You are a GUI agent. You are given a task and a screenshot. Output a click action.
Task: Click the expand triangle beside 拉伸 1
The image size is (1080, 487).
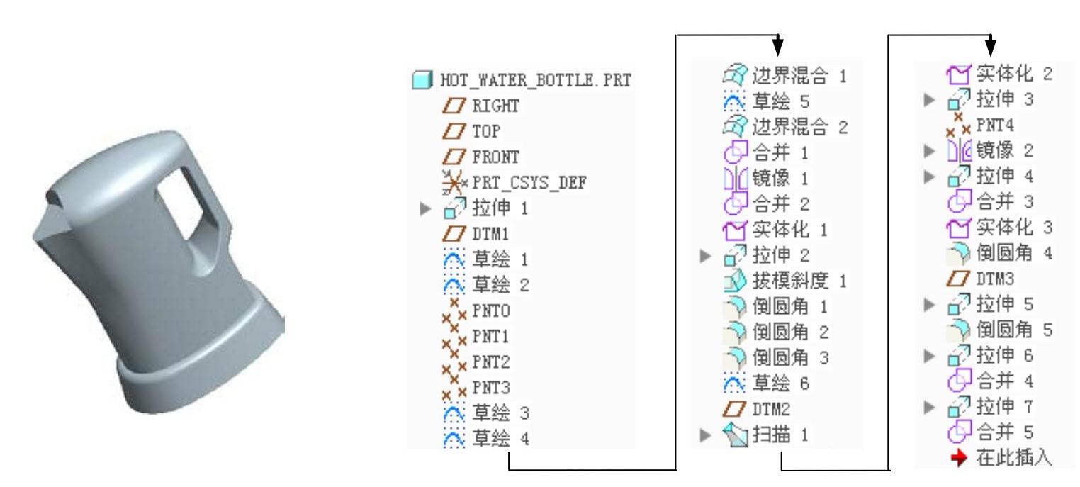tap(426, 209)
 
